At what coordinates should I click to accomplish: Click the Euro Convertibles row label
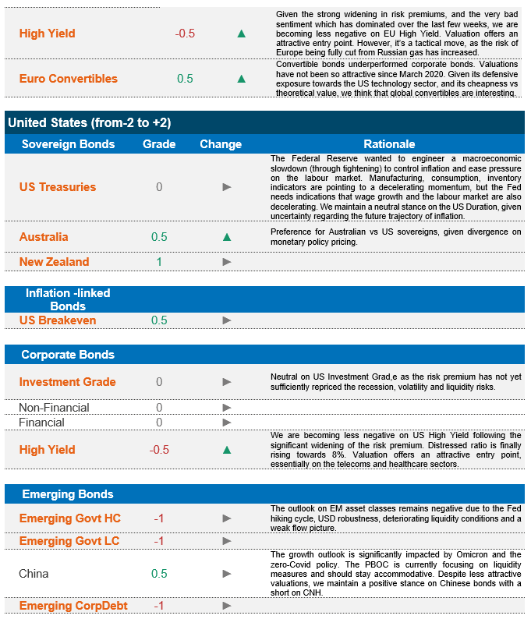pos(69,79)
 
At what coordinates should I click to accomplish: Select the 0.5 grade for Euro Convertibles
pos(185,79)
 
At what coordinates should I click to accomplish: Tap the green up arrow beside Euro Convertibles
pos(242,79)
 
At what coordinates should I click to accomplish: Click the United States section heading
pos(89,122)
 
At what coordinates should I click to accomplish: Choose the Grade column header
pos(159,144)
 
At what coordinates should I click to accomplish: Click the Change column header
pos(221,144)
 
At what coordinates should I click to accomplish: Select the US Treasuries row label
pos(58,187)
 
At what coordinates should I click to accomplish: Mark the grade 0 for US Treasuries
pos(159,187)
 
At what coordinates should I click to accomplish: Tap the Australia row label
pos(44,237)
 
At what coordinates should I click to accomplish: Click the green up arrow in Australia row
pos(227,237)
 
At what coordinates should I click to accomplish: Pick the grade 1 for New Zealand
pos(159,262)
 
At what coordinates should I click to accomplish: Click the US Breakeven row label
pos(58,320)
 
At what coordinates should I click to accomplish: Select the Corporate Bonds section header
pos(68,355)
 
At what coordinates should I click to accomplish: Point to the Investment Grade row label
pos(67,382)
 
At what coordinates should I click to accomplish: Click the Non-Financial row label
pos(54,408)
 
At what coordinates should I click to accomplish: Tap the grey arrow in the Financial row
pos(227,423)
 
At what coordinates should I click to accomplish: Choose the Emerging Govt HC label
pos(69,518)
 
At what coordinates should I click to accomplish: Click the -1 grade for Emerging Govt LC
pos(159,541)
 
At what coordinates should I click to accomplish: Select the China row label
pos(34,574)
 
